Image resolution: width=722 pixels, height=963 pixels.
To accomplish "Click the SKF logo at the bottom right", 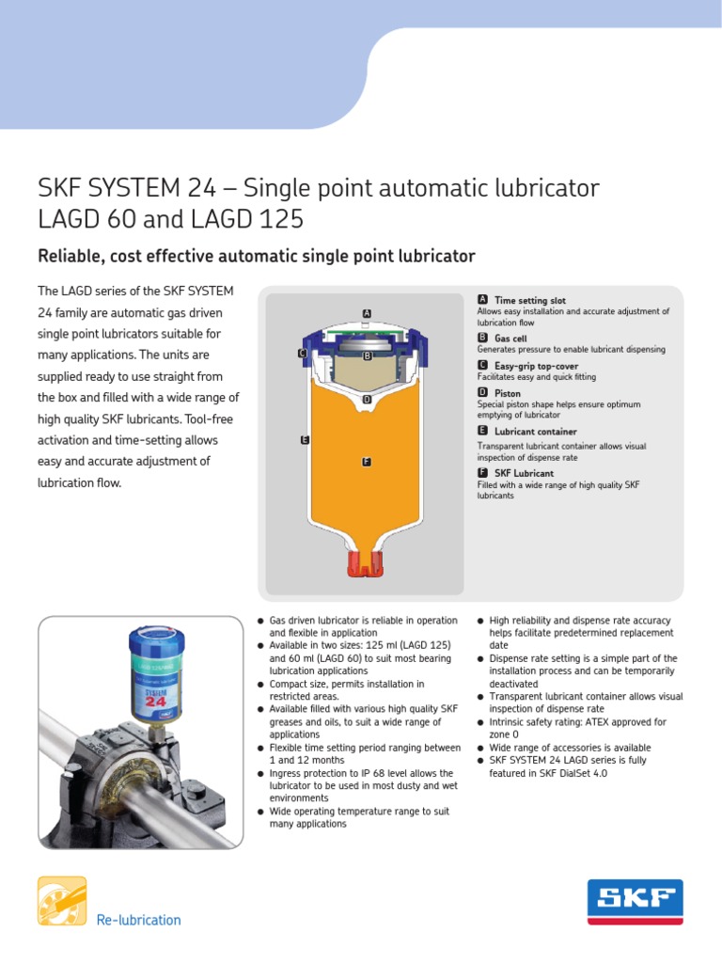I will [x=635, y=902].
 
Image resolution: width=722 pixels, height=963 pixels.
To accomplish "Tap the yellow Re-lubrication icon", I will [x=62, y=900].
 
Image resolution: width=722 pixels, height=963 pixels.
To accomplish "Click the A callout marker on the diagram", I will [x=368, y=312].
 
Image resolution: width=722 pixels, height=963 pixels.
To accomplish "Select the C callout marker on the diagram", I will [x=302, y=353].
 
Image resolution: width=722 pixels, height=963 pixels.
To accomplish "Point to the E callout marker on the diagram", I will [x=305, y=439].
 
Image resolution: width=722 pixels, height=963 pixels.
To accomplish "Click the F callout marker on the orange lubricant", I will [x=367, y=462].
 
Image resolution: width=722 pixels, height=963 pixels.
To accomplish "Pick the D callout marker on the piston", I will [x=367, y=399].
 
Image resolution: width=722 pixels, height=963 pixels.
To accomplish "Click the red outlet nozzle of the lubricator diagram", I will [x=367, y=563].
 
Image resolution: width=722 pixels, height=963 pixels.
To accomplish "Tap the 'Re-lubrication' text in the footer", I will [x=138, y=920].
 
